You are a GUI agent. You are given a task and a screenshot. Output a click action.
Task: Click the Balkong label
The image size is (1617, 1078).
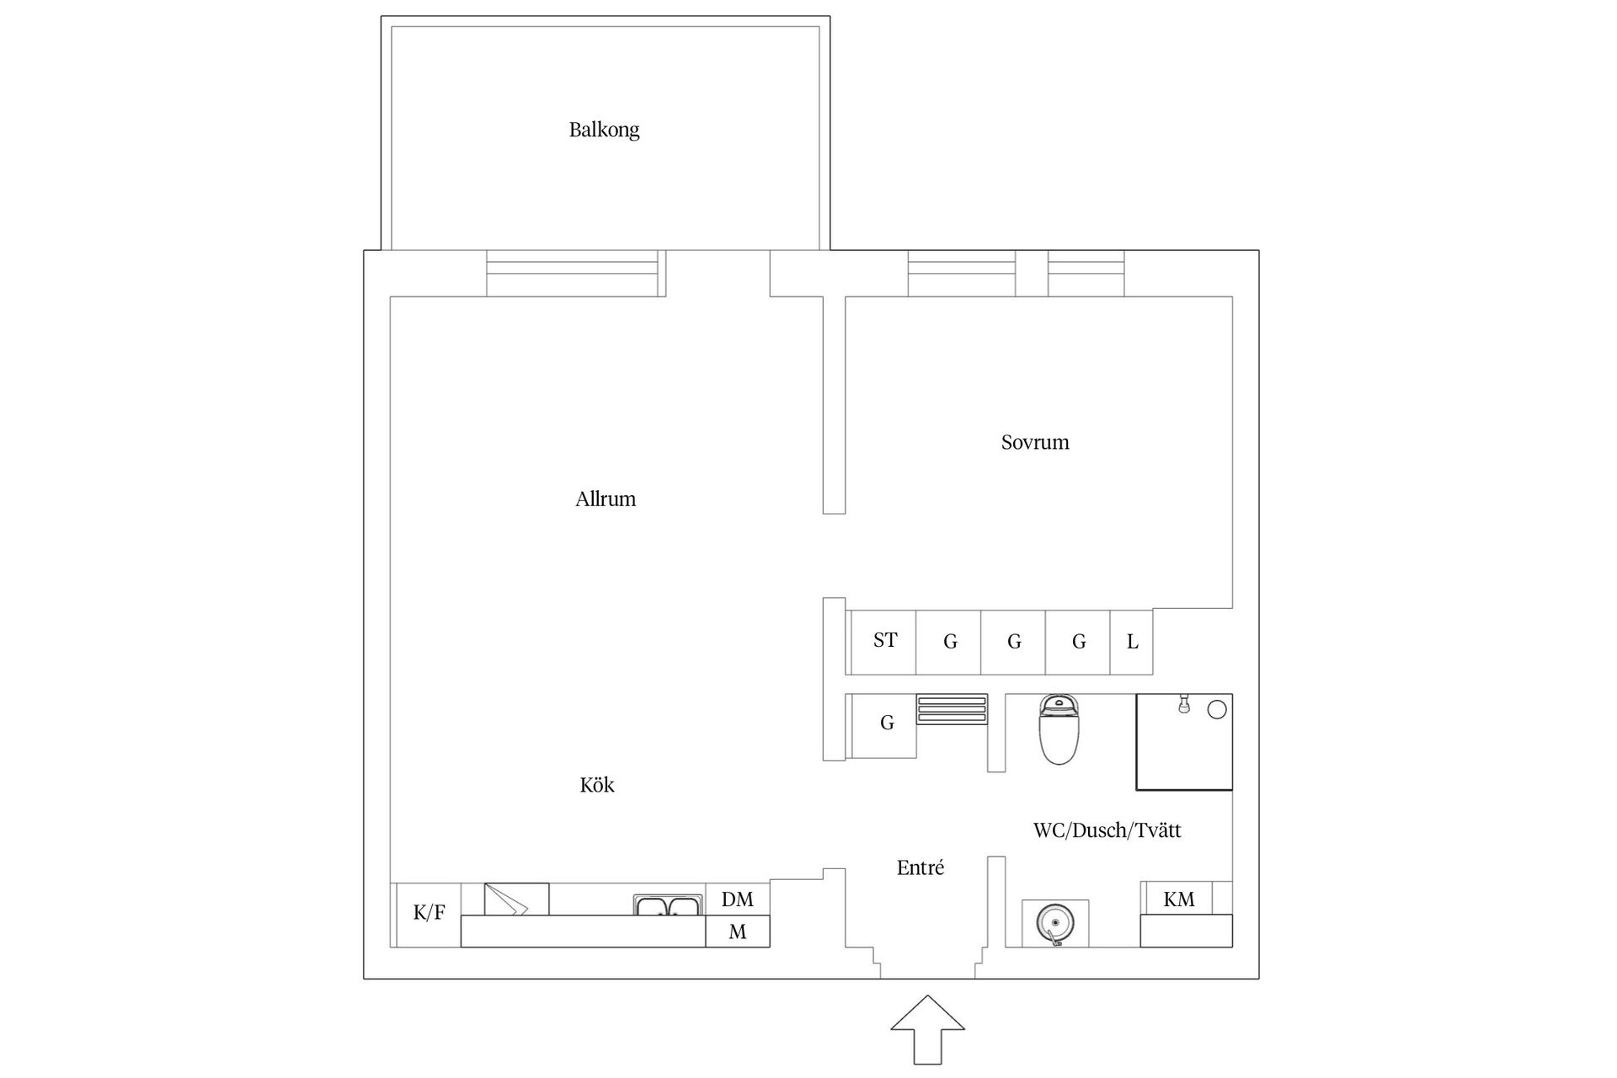604,130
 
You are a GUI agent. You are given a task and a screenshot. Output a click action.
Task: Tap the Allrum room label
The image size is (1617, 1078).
606,499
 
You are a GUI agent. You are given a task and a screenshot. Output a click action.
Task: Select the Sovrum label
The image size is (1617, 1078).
1035,442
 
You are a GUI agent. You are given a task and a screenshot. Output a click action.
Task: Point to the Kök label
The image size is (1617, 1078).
597,786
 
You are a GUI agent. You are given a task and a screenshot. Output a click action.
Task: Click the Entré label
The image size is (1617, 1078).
921,868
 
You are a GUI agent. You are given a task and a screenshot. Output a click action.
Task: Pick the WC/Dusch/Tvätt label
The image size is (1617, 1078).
1107,830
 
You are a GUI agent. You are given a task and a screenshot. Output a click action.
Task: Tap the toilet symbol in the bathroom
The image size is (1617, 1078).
1059,729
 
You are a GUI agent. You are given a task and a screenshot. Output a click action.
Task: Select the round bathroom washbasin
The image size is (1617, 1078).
1054,922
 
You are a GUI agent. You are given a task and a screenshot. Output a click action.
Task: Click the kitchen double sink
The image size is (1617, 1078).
668,906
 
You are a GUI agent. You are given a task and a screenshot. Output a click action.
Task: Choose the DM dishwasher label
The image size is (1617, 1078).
737,899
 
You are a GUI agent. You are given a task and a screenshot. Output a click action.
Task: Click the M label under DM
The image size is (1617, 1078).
737,932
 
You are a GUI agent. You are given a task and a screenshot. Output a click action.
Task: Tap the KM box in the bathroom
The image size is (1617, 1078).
1178,899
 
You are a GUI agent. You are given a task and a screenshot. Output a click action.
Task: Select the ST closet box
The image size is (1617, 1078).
884,642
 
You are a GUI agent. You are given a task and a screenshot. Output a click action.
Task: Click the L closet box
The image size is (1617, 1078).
1132,643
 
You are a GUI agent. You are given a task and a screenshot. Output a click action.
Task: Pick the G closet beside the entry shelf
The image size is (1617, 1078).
886,723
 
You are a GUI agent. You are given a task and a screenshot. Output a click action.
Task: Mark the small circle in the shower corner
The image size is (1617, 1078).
1216,710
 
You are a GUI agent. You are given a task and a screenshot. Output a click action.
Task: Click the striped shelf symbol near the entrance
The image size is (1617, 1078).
952,709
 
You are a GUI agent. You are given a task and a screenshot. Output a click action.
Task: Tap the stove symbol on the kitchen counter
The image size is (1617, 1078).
516,899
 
